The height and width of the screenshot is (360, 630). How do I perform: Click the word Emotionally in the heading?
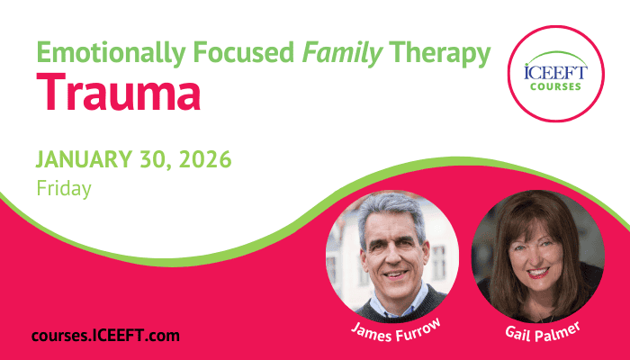pos(111,53)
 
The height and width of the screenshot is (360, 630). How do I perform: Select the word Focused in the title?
pos(244,52)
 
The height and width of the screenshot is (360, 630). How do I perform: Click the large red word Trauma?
pos(119,92)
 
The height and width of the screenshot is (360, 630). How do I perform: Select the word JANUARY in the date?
pos(84,159)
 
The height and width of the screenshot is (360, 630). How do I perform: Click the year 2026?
pos(205,159)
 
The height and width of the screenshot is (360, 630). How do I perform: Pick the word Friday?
pos(64,188)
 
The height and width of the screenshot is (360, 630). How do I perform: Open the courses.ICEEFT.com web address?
pos(105,336)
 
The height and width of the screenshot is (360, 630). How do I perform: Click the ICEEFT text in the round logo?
pos(556,73)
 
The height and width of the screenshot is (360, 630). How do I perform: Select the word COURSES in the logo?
pos(555,86)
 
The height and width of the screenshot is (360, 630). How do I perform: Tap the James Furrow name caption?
pos(396,331)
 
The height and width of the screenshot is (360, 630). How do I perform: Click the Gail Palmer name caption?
pos(543,332)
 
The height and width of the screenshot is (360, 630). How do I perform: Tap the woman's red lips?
pos(538,273)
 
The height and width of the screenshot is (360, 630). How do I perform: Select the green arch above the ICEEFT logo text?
pos(556,56)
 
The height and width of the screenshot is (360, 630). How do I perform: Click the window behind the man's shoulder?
pos(439,263)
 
